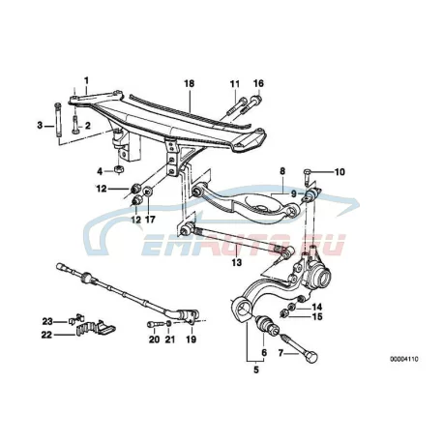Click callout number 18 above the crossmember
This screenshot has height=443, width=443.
(x=190, y=83)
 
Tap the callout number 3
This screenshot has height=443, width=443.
(x=40, y=125)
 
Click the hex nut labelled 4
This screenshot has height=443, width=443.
(x=119, y=168)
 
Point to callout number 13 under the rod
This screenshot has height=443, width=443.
(x=236, y=262)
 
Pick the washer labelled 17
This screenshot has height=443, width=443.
(x=148, y=192)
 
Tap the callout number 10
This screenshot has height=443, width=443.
(x=340, y=172)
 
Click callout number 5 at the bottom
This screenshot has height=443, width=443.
(x=256, y=369)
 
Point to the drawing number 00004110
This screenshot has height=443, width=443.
(x=404, y=359)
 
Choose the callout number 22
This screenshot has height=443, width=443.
(x=46, y=335)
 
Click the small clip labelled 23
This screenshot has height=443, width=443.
(x=74, y=320)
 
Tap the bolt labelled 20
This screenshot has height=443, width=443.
(x=153, y=323)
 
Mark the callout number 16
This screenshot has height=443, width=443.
(x=258, y=83)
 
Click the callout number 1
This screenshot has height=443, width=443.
(x=86, y=80)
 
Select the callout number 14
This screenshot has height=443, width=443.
(x=317, y=307)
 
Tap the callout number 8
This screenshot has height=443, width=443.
(x=282, y=171)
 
